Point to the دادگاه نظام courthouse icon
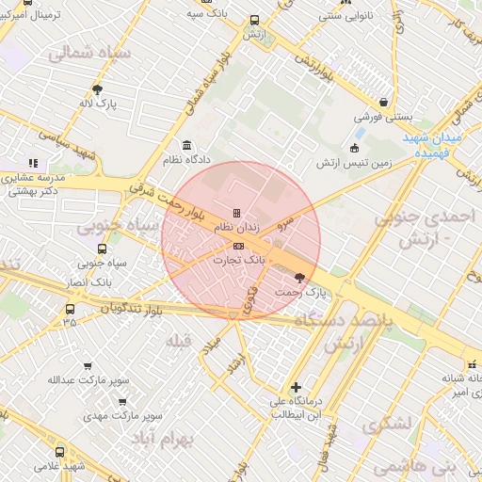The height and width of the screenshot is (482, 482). tap(187, 146)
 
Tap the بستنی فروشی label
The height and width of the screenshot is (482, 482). tap(378, 119)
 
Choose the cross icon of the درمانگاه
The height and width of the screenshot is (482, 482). tap(296, 387)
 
